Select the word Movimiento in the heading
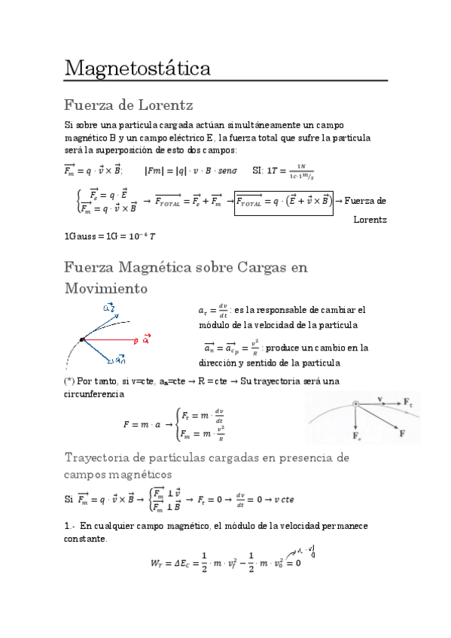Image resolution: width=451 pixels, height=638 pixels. (x=105, y=288)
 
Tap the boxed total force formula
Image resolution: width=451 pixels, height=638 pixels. (x=282, y=201)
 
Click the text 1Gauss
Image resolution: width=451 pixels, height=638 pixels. (x=82, y=236)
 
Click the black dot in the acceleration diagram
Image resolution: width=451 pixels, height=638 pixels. (x=81, y=341)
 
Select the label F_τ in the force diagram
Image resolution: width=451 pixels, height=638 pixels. (x=408, y=404)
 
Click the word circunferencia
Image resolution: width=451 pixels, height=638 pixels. (x=94, y=393)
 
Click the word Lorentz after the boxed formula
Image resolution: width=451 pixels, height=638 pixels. (x=370, y=220)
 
